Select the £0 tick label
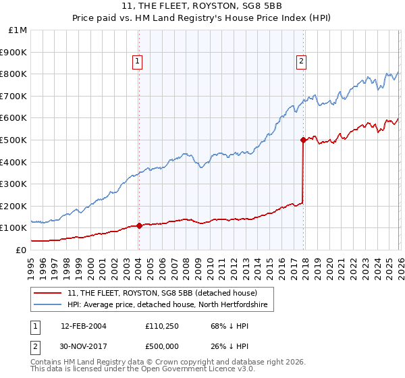pos(20,250)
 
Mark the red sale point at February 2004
pos(139,225)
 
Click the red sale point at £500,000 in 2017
pos(303,140)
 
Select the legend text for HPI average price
pos(167,305)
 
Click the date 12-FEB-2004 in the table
pos(83,326)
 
